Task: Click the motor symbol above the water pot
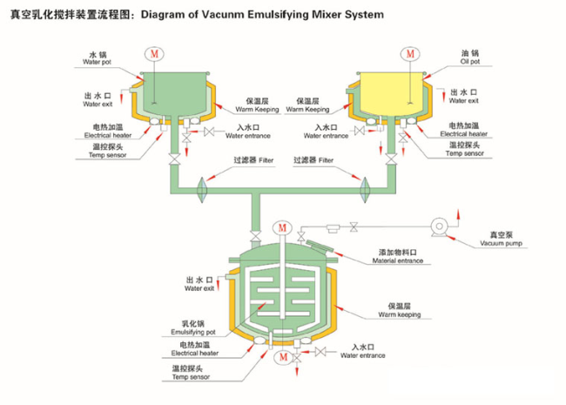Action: pos(154,54)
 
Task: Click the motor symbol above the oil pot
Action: pos(410,54)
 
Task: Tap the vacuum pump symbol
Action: pos(439,227)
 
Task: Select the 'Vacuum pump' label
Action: pos(501,243)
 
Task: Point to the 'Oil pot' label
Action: pos(470,61)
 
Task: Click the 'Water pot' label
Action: pos(97,62)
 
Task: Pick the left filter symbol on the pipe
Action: pos(202,190)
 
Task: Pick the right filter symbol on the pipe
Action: pos(365,190)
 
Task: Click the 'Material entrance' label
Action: pos(398,260)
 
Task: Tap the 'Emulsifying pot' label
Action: pos(193,332)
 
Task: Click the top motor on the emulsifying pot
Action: pos(282,228)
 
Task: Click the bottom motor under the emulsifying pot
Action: pos(283,357)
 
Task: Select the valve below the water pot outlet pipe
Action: pos(175,159)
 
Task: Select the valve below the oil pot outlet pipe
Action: pos(391,159)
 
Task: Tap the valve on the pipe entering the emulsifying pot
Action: pos(255,237)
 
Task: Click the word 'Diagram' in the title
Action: pos(163,15)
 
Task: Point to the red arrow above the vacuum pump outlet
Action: pos(458,213)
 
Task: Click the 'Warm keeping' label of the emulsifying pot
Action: pos(399,314)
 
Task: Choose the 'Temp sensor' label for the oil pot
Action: pos(465,153)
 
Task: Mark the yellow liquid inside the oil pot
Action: pos(391,93)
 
